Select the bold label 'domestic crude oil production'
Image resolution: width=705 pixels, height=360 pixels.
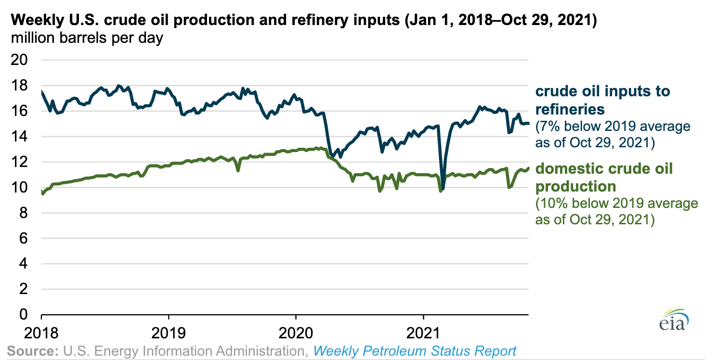(x=604, y=177)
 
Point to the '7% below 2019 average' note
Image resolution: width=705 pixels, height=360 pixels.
(x=613, y=127)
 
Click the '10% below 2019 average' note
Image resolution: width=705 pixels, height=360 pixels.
(x=616, y=204)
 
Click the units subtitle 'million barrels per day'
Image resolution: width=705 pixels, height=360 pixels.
(x=87, y=38)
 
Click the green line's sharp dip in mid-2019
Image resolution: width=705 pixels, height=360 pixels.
(x=238, y=170)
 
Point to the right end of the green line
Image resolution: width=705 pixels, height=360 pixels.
(x=528, y=168)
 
